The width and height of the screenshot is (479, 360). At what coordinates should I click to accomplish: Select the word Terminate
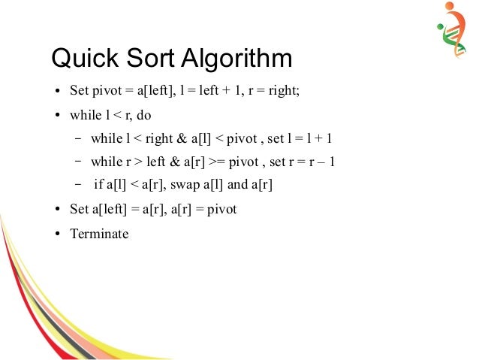[x=99, y=234]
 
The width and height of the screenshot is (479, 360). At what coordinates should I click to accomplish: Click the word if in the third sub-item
[x=98, y=185]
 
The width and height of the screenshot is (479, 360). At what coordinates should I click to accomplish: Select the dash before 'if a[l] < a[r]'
[x=78, y=185]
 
